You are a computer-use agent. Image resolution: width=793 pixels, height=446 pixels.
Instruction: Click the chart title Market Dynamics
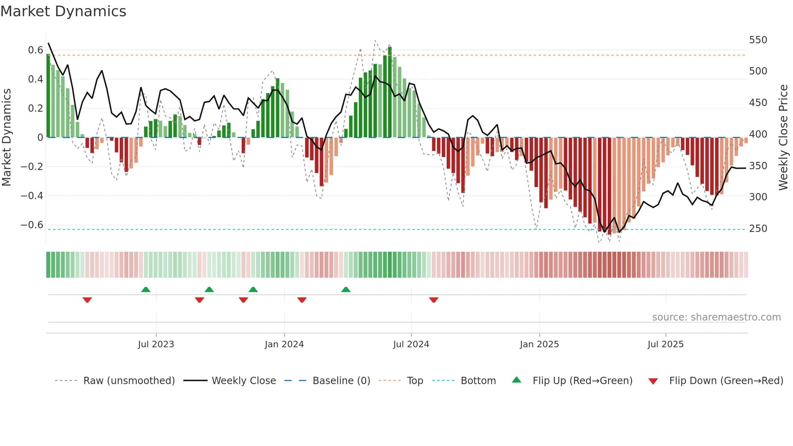(x=63, y=11)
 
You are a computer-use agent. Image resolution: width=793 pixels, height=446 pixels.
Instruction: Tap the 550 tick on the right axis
(x=758, y=40)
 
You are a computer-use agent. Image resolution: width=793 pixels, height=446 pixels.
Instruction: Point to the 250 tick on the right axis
(x=758, y=229)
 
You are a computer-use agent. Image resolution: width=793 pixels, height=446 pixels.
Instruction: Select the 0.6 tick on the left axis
(x=35, y=50)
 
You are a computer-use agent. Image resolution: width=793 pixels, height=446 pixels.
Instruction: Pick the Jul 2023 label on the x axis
(x=156, y=344)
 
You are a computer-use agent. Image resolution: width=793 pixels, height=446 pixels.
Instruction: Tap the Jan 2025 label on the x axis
(x=539, y=344)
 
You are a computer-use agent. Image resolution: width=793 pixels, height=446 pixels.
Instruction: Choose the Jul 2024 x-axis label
(x=411, y=344)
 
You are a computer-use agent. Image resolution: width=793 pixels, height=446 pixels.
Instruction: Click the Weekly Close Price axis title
(x=783, y=138)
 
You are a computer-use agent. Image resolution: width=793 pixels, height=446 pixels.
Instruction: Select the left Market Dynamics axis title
(x=6, y=138)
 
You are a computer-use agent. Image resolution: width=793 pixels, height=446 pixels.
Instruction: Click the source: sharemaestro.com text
(x=716, y=317)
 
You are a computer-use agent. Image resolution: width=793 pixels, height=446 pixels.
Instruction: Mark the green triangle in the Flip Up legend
(x=517, y=380)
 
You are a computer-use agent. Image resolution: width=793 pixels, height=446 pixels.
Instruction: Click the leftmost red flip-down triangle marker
(x=87, y=300)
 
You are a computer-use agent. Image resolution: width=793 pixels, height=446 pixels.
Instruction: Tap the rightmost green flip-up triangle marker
(x=346, y=289)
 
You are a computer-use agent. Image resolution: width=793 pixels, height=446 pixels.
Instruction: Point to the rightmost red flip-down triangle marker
(x=434, y=300)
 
